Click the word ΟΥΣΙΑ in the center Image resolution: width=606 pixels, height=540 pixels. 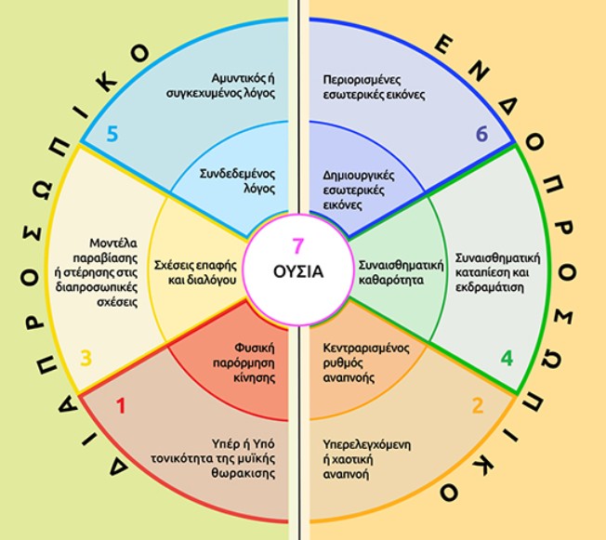tap(298, 271)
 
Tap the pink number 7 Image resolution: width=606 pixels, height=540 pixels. tap(298, 246)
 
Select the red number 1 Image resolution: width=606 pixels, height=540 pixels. tap(122, 406)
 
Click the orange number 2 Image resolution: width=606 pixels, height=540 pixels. tap(478, 406)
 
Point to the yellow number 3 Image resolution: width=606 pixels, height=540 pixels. tap(86, 358)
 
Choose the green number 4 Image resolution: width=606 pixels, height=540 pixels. tap(507, 359)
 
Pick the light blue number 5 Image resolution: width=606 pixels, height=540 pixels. tap(112, 134)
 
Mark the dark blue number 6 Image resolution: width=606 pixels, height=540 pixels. tap(481, 134)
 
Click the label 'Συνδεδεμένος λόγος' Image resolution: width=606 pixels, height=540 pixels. tap(237, 181)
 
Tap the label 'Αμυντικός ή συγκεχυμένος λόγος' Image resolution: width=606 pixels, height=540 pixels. tap(220, 86)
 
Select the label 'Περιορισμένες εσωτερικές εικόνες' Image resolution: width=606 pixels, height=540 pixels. tap(374, 87)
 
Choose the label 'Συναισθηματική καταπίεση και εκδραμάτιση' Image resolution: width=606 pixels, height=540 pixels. tap(497, 272)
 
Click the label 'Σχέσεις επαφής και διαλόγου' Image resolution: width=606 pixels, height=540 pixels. tap(195, 272)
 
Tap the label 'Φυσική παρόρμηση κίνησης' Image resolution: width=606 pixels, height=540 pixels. tap(244, 363)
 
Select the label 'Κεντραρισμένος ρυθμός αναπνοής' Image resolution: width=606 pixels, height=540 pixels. tap(366, 363)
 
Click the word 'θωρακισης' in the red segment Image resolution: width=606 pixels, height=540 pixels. tap(244, 473)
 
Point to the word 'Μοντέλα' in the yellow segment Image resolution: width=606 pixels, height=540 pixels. tap(113, 244)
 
